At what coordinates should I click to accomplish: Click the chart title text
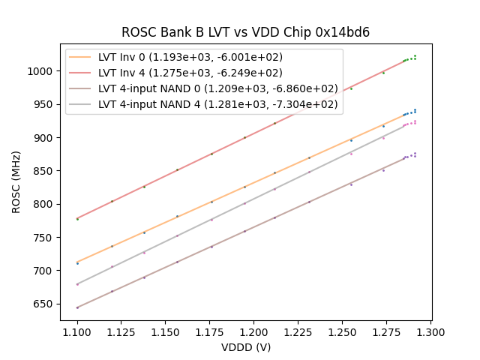click(245, 32)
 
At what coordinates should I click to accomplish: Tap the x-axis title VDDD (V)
click(245, 347)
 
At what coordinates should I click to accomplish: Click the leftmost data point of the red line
click(77, 219)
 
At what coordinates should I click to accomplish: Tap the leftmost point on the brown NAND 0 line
click(77, 307)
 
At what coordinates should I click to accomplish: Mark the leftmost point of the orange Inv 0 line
click(77, 263)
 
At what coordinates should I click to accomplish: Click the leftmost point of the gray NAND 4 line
click(77, 284)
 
